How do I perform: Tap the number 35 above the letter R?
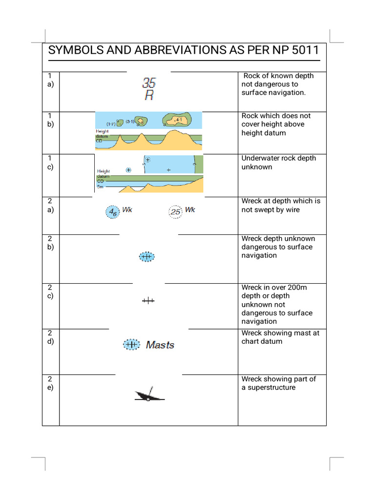pos(149,83)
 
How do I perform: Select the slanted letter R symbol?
pos(149,95)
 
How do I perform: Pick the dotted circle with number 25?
pos(175,212)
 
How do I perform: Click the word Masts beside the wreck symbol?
pos(160,345)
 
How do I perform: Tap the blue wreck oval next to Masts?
pos(130,345)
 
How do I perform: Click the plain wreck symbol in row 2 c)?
pos(148,301)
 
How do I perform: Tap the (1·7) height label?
pos(111,124)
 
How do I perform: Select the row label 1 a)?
pos(50,80)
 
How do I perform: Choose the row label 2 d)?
pos(50,337)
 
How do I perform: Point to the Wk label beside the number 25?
pos(190,209)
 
